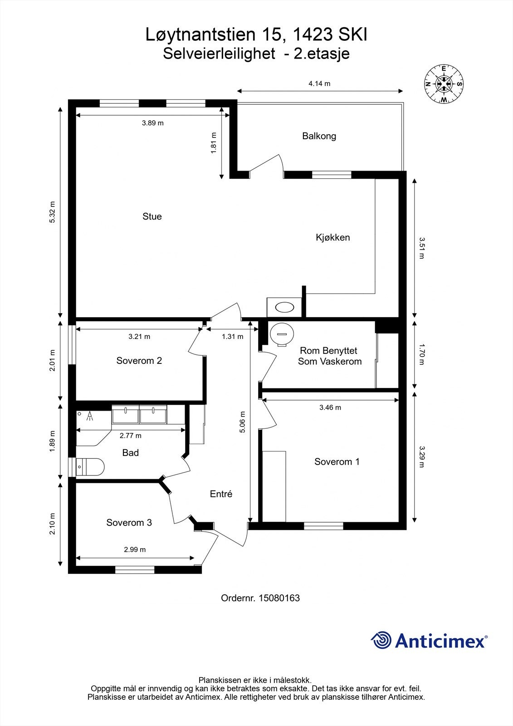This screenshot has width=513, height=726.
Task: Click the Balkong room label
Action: [x=319, y=136]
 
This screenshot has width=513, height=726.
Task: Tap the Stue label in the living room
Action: [x=152, y=216]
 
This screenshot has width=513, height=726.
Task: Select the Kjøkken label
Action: [x=333, y=238]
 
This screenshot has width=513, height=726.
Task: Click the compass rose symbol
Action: [x=444, y=84]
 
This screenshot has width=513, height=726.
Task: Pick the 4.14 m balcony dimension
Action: [x=319, y=83]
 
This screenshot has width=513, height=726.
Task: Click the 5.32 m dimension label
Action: [x=53, y=212]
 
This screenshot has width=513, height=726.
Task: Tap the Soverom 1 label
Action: [x=337, y=461]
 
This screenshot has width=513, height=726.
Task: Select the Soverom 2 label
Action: [x=139, y=361]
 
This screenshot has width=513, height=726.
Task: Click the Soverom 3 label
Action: [x=129, y=522]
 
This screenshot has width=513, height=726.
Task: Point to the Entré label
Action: [x=221, y=494]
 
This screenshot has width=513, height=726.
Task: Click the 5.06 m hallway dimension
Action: [x=243, y=422]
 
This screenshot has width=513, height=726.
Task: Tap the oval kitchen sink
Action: [x=284, y=307]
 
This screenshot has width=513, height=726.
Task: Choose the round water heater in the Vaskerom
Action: [x=282, y=334]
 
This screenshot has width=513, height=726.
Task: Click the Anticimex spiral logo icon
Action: [x=381, y=640]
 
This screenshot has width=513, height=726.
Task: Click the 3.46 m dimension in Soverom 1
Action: [x=330, y=407]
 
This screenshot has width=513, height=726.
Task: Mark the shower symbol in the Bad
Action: [x=90, y=416]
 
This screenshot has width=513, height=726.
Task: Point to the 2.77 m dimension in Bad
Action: [x=131, y=436]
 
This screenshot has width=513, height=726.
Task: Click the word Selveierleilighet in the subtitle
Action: [x=219, y=54]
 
